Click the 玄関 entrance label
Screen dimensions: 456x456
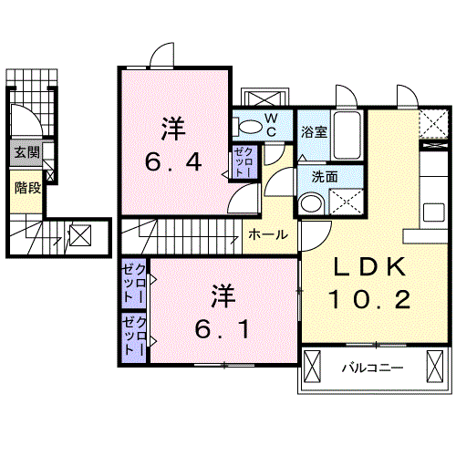(25, 153)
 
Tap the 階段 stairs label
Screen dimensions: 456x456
(25, 189)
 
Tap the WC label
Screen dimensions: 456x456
(272, 123)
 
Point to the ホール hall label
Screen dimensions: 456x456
(268, 234)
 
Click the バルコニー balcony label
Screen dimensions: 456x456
(373, 368)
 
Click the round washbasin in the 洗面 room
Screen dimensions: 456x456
(310, 202)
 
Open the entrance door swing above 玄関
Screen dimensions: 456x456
(22, 116)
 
